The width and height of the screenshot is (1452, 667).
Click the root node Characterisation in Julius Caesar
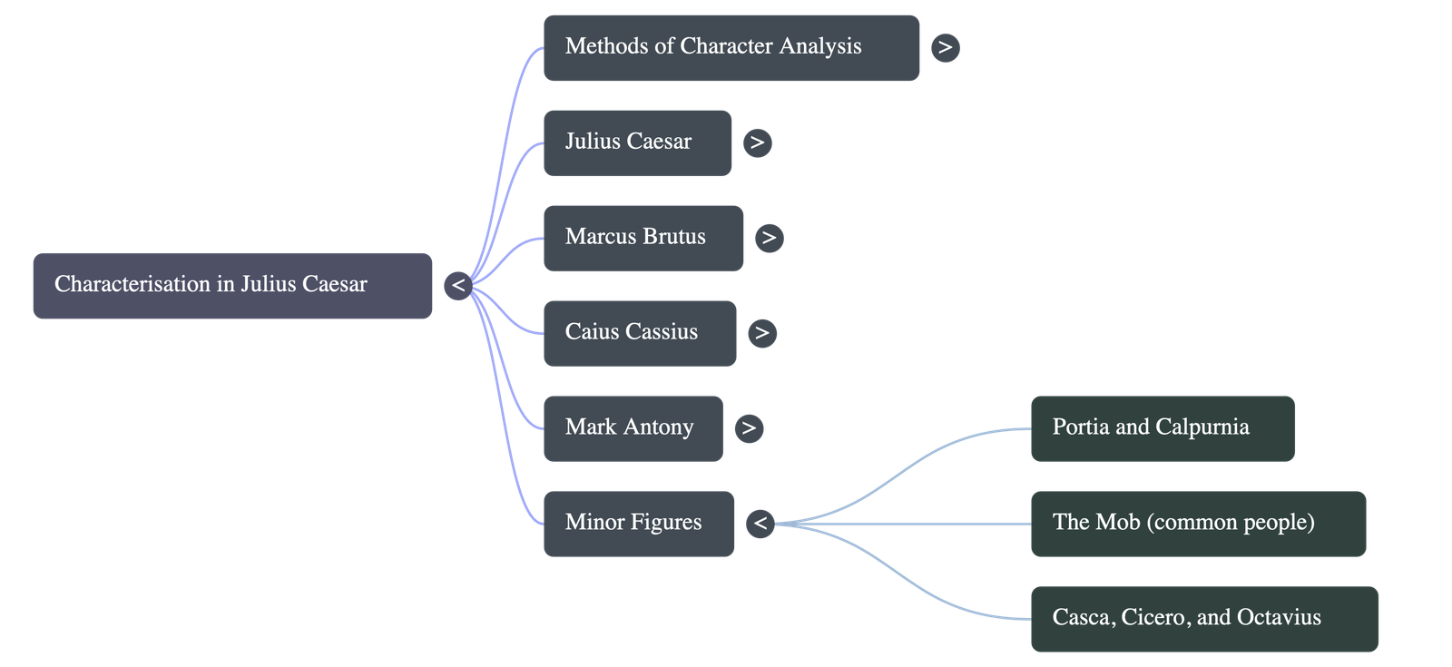point(231,285)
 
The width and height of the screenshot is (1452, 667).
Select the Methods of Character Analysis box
point(731,47)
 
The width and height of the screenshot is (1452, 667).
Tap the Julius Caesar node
point(637,142)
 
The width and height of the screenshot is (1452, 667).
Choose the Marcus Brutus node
point(643,238)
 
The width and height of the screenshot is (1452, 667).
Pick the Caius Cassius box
point(639,333)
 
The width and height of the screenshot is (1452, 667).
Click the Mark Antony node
point(633,428)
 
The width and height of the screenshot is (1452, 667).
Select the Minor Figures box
point(638,524)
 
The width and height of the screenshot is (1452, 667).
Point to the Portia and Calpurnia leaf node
point(1162,428)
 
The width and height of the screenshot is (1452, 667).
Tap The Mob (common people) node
point(1197,524)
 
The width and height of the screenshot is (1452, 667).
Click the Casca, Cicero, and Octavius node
point(1203,619)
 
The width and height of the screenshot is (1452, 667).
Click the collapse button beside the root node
point(458,286)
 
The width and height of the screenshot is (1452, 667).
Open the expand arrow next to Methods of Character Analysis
point(945,47)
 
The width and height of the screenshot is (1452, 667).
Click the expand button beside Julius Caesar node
point(757,142)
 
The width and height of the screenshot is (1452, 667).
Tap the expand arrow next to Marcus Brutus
point(769,238)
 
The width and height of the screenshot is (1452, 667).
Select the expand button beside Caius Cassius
point(761,333)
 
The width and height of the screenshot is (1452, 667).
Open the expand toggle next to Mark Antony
point(748,428)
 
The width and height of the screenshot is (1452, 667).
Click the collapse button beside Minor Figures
point(760,524)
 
